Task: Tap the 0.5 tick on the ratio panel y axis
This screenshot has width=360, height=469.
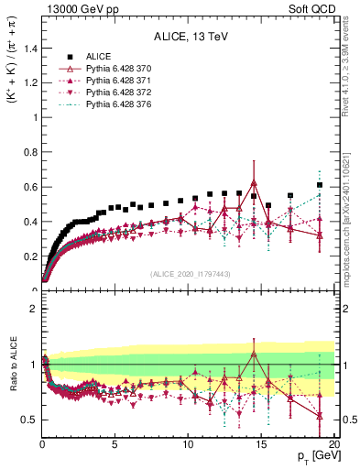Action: pos(29,420)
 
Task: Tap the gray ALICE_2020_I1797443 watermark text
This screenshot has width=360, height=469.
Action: pos(189,275)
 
